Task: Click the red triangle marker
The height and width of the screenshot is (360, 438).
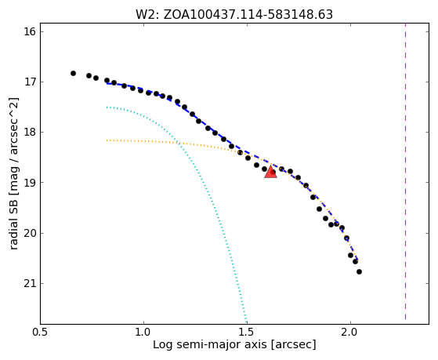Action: tap(270, 172)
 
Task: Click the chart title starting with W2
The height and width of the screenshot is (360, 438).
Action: tap(234, 15)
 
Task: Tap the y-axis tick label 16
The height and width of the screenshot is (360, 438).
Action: tap(30, 31)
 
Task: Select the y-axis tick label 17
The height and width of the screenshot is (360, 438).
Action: tap(30, 82)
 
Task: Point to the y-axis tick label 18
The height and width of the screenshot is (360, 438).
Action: tap(30, 133)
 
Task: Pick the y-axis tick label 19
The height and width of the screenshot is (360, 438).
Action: tap(30, 183)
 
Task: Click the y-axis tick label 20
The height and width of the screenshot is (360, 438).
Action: tap(30, 233)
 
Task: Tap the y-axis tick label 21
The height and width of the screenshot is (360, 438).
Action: tap(30, 283)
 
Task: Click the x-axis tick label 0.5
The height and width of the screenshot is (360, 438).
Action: tap(41, 332)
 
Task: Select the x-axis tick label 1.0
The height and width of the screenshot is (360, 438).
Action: tap(143, 332)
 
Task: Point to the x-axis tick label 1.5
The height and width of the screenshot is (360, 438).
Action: tap(247, 332)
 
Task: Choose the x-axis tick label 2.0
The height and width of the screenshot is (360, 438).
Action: tap(350, 332)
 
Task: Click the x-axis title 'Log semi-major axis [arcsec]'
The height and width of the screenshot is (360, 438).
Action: tap(234, 344)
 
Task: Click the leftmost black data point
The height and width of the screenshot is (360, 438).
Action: tap(73, 73)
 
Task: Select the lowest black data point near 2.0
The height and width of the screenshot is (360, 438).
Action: tap(359, 271)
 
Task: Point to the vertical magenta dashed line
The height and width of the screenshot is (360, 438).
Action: tap(405, 172)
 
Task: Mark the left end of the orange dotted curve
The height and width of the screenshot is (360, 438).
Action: tap(107, 140)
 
